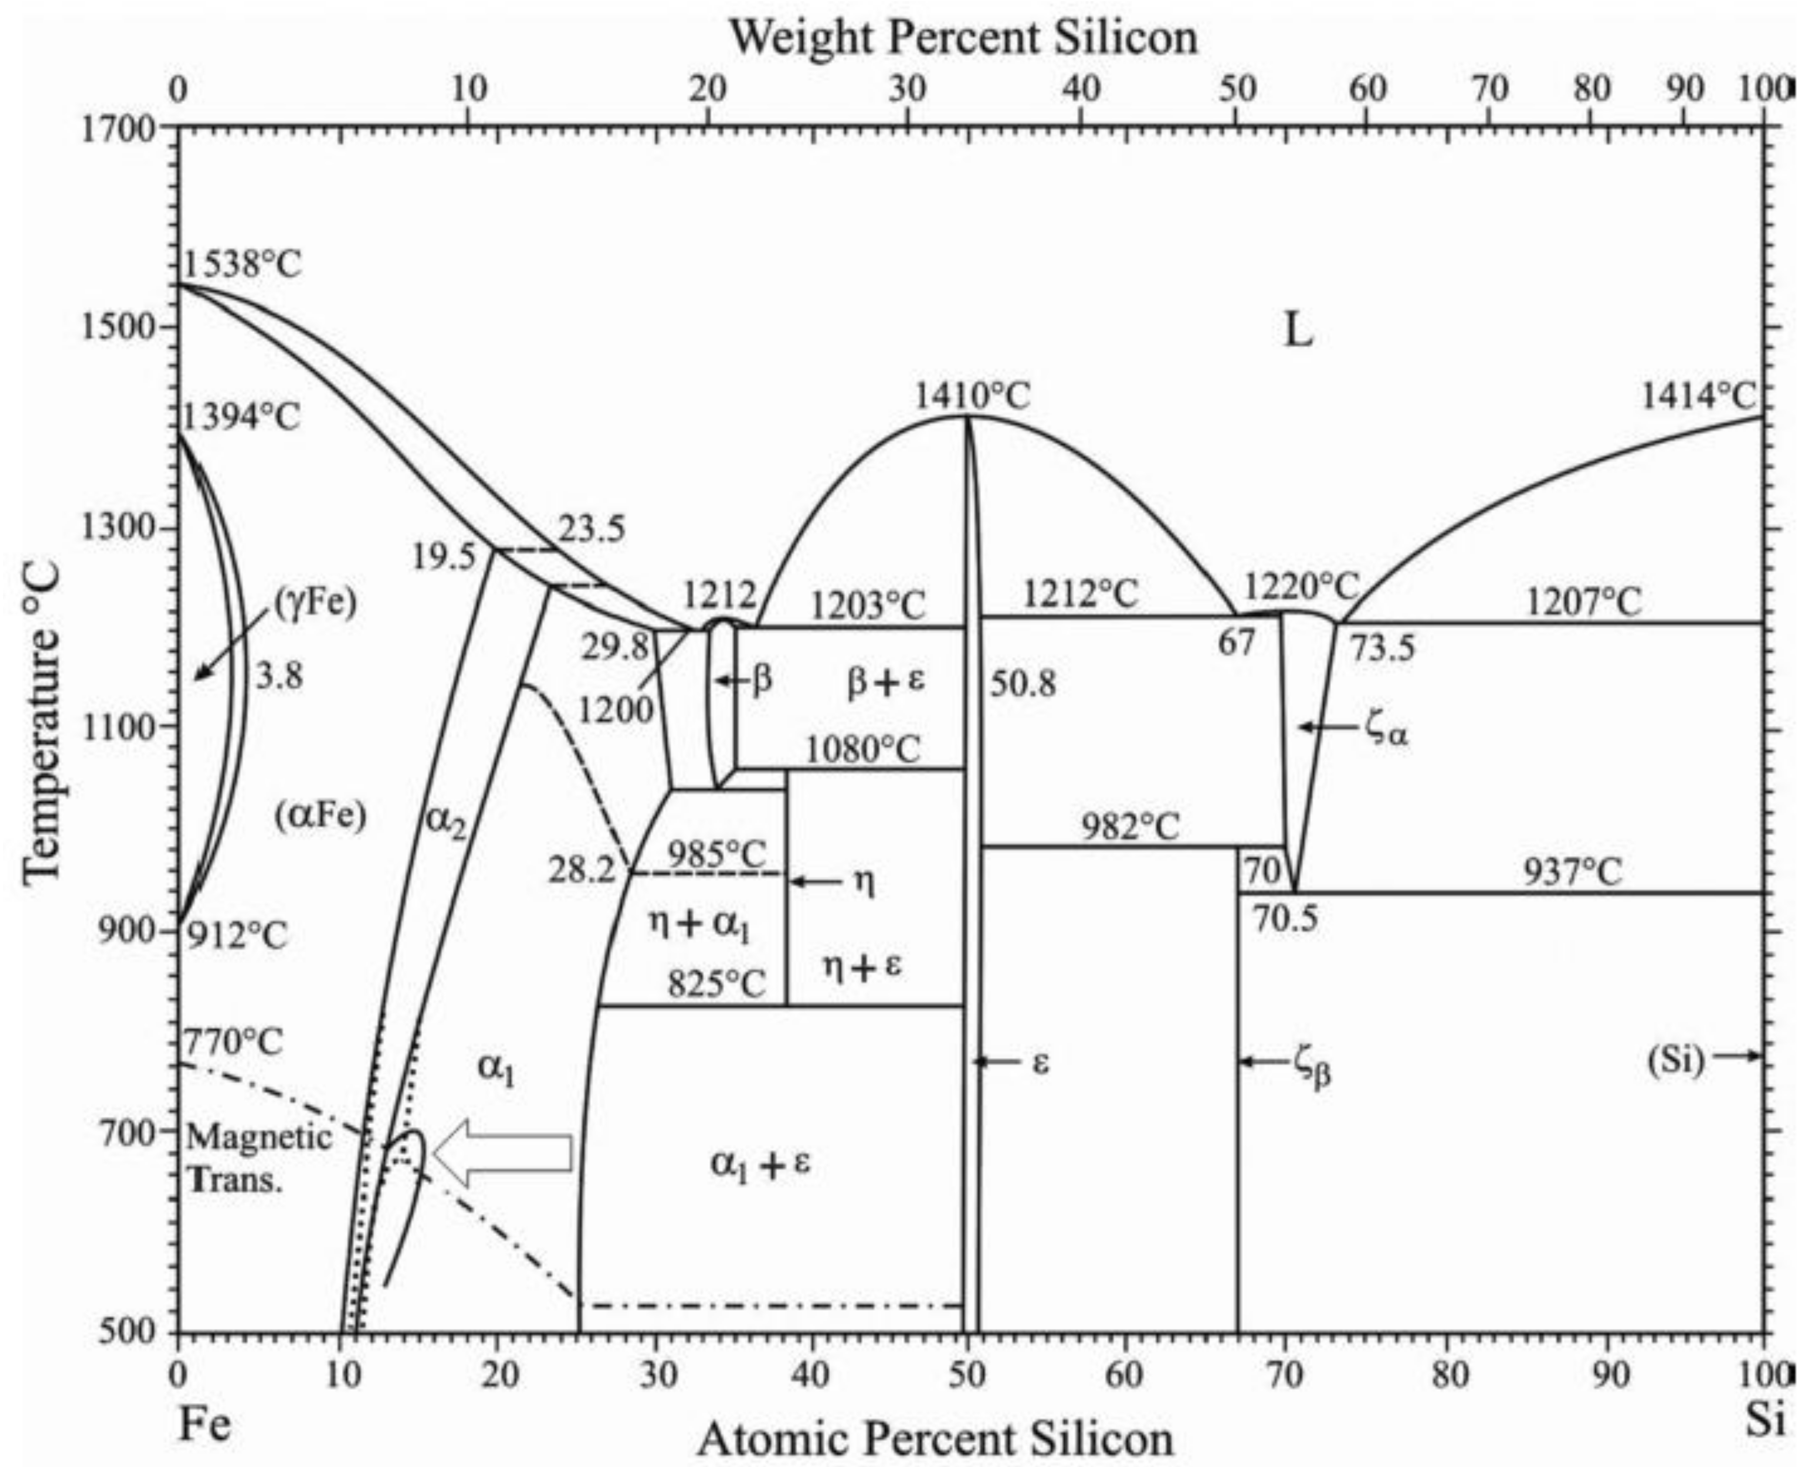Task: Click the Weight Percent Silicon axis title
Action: click(x=963, y=38)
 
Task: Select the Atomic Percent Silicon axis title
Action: click(x=936, y=1439)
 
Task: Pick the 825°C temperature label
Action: click(x=717, y=984)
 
